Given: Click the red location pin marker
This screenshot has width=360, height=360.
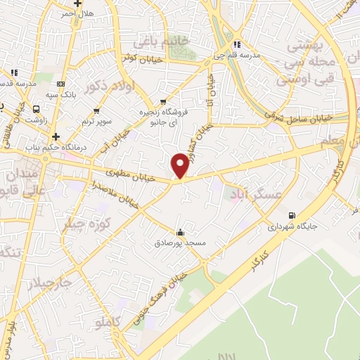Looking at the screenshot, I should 180,165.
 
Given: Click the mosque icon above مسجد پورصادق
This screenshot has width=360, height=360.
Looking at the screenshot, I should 181,232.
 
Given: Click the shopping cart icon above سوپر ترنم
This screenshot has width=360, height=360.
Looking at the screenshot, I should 97,111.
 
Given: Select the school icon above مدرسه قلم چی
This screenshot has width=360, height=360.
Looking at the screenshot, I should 238,44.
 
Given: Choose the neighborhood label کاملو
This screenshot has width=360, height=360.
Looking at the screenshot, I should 108,322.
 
